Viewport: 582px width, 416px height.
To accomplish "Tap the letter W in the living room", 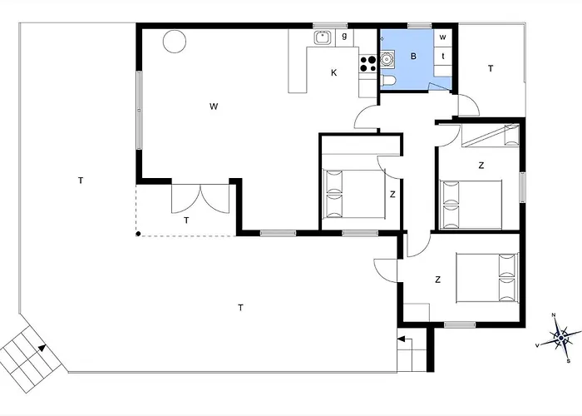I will pyautogui.click(x=214, y=106).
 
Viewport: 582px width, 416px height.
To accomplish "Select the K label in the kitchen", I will pyautogui.click(x=334, y=72).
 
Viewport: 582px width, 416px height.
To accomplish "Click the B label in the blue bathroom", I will pyautogui.click(x=412, y=57).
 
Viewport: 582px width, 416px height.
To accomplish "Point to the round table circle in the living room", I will pyautogui.click(x=175, y=41).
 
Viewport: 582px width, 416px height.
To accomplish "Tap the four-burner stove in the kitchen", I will pyautogui.click(x=367, y=62).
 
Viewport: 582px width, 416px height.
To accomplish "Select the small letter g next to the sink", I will pyautogui.click(x=344, y=37).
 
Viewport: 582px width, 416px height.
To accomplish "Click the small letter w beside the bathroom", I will pyautogui.click(x=443, y=37).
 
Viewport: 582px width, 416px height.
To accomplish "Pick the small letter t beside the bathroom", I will pyautogui.click(x=443, y=56).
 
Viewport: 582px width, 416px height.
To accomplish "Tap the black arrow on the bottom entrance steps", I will pyautogui.click(x=402, y=339).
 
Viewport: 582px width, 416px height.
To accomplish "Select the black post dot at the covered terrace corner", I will pyautogui.click(x=139, y=234).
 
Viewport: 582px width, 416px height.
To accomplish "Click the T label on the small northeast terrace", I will pyautogui.click(x=491, y=68).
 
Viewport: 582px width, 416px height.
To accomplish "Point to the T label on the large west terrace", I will pyautogui.click(x=80, y=180).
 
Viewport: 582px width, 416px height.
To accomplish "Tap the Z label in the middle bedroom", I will pyautogui.click(x=392, y=195).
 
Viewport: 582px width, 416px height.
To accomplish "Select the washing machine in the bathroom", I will pyautogui.click(x=388, y=57).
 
